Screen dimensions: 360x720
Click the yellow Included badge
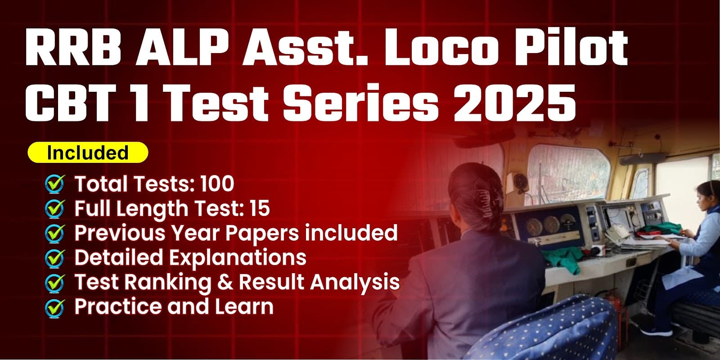(88, 153)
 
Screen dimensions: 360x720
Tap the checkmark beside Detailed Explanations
(54, 258)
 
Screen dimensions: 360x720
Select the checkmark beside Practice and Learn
(54, 307)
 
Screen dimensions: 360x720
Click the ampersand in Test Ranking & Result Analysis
(225, 282)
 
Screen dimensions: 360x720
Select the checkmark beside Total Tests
(54, 184)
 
